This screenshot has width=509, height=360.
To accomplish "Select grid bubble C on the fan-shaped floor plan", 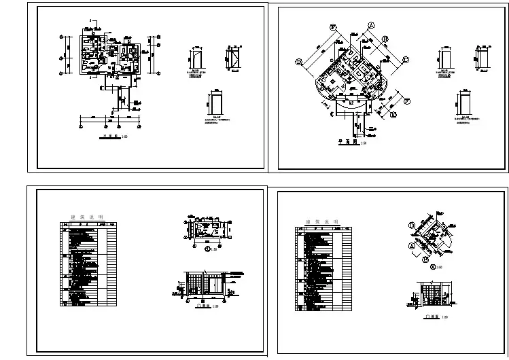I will point(406,60).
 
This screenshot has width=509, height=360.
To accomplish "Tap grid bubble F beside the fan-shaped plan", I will point(408,101).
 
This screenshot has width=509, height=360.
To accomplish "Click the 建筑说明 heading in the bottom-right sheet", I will point(320,222).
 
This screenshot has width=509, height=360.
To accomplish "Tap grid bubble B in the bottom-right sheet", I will point(425,258).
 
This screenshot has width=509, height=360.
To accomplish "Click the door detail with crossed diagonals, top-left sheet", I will point(233,57).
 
